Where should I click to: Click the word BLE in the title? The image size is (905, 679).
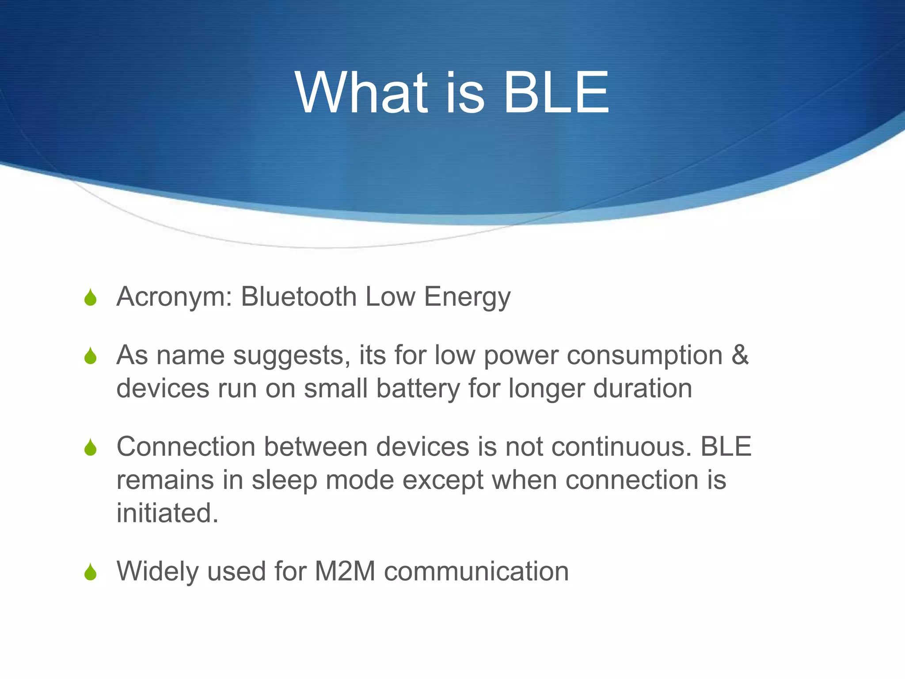coord(556,93)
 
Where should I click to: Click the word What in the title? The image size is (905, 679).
coord(361,93)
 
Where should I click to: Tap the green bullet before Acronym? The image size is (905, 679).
coord(91,298)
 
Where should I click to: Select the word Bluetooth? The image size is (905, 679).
coord(299,297)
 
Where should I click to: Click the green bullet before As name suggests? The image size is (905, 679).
coord(91,356)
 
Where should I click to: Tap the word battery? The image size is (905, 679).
coord(418,389)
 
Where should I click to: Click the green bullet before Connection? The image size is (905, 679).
coord(91,447)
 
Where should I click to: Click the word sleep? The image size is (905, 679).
coord(284,481)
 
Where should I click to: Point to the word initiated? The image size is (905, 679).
coord(167,513)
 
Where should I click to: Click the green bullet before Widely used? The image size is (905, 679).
coord(91,572)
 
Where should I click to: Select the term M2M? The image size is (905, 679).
coord(345,571)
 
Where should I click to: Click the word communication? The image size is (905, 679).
coord(476,571)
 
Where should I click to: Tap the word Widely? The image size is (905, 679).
coord(157,572)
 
